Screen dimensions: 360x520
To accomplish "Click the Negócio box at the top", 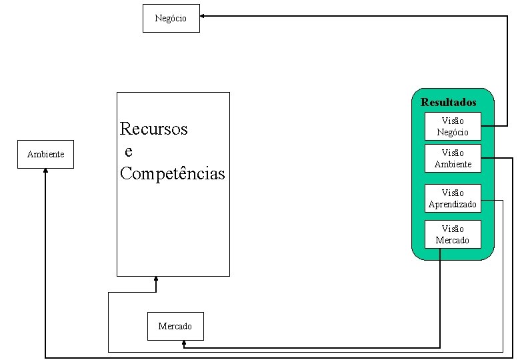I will point(171,18).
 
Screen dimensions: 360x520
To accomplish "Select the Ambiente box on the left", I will point(45,155).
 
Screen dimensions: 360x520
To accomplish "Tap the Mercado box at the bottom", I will point(175,326).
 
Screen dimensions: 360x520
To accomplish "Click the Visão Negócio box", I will point(453,126).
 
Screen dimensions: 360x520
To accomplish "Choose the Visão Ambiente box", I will point(453,158).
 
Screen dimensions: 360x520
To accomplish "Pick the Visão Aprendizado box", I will point(453,198).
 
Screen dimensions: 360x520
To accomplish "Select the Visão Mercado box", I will point(453,234).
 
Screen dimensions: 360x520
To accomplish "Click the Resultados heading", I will point(449,103).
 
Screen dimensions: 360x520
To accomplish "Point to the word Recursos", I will point(154,129).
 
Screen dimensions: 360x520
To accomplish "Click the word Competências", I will point(173,174).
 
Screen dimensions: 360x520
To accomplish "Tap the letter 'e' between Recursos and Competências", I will point(128,151).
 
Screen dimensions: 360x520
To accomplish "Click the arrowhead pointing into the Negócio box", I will point(203,15).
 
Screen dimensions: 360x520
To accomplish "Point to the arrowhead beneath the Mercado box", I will point(184,344).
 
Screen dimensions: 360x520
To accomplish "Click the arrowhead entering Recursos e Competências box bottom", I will point(156,279).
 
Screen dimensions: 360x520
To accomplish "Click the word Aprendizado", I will point(453,205).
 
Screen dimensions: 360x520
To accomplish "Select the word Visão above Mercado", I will point(453,229).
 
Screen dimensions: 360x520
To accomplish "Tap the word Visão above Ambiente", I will point(453,153).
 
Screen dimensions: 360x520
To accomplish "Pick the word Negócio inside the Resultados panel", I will point(453,132).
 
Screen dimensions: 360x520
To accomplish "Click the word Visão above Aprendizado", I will point(453,193).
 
